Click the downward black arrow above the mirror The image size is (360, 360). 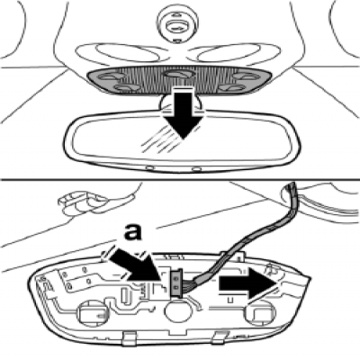[x=183, y=114]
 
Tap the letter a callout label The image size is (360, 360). [x=132, y=232]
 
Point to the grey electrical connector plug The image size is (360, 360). [x=176, y=283]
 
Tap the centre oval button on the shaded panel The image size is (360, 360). [x=178, y=75]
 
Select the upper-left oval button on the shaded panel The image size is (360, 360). [x=112, y=76]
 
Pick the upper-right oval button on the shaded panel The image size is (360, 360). [x=245, y=76]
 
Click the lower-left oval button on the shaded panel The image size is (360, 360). [x=126, y=87]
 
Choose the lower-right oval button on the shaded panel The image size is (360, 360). [x=230, y=87]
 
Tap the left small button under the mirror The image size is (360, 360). [x=148, y=167]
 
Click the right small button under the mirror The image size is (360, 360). [x=196, y=169]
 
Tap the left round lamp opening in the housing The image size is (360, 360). [x=90, y=314]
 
